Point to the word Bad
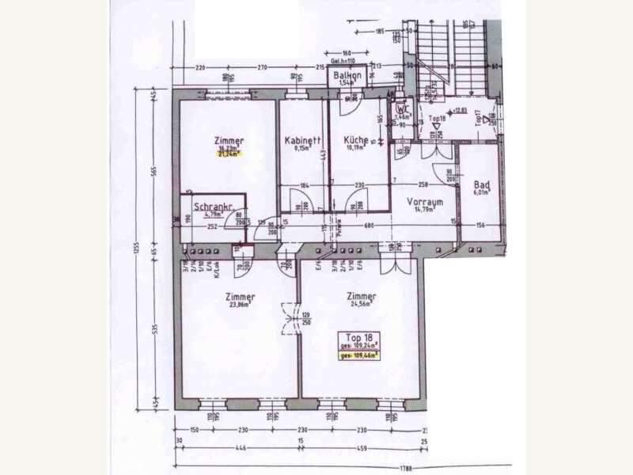click(x=482, y=185)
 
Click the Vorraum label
click(x=424, y=202)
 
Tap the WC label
click(x=400, y=109)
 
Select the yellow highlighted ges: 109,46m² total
click(x=359, y=356)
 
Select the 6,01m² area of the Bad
click(x=482, y=192)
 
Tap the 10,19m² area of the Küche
click(x=356, y=148)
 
